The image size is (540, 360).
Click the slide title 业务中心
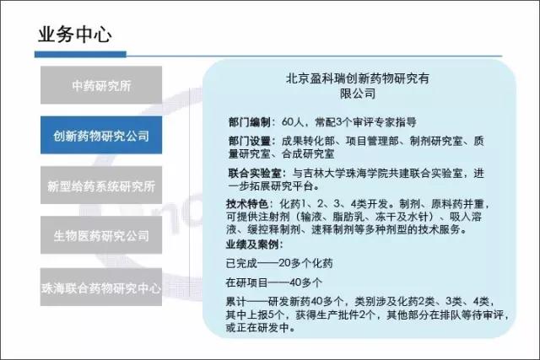[75, 35]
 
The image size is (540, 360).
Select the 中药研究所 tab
[101, 85]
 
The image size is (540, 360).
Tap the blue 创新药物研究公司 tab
[101, 135]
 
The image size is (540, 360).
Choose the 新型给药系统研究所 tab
[101, 185]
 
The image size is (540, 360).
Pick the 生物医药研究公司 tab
[101, 235]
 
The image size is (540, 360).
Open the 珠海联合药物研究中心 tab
[101, 287]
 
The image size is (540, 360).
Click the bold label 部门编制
[250, 122]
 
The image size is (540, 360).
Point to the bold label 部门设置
[250, 141]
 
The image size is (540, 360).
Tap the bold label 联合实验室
[255, 173]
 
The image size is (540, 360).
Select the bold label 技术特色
[246, 204]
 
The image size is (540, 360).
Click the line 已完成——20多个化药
[279, 264]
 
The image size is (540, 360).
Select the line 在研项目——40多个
[274, 282]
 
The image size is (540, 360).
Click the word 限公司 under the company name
[358, 94]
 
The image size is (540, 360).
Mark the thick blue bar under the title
[80, 54]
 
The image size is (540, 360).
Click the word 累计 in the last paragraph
[236, 302]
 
